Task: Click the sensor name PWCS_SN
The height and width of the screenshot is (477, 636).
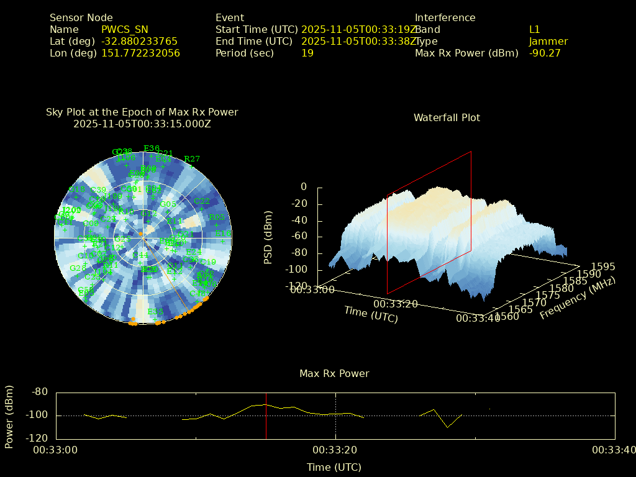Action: click(124, 30)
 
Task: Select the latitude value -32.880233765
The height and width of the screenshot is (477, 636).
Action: click(139, 42)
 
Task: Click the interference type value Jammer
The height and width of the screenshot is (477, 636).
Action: click(548, 42)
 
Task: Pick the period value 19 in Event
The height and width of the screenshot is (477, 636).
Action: click(307, 53)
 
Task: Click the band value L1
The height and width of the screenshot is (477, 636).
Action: click(535, 30)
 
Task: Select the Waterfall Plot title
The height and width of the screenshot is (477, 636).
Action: click(447, 118)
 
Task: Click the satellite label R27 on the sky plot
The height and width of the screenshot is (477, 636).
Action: click(193, 159)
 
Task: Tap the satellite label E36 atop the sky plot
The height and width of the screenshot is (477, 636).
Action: click(152, 148)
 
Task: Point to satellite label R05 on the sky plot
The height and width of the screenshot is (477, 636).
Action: click(217, 217)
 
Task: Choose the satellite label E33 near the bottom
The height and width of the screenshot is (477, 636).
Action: click(155, 312)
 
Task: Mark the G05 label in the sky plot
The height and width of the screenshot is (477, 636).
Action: click(168, 204)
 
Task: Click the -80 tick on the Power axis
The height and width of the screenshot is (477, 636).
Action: click(40, 392)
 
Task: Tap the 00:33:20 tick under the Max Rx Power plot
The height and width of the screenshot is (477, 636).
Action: click(335, 450)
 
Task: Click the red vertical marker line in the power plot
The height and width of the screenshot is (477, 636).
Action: click(266, 416)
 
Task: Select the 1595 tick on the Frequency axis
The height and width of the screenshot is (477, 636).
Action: click(603, 266)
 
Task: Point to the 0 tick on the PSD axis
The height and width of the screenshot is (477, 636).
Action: click(304, 187)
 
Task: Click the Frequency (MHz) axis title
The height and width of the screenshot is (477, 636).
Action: click(578, 299)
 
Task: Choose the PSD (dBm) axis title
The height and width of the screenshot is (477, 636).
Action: click(268, 237)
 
